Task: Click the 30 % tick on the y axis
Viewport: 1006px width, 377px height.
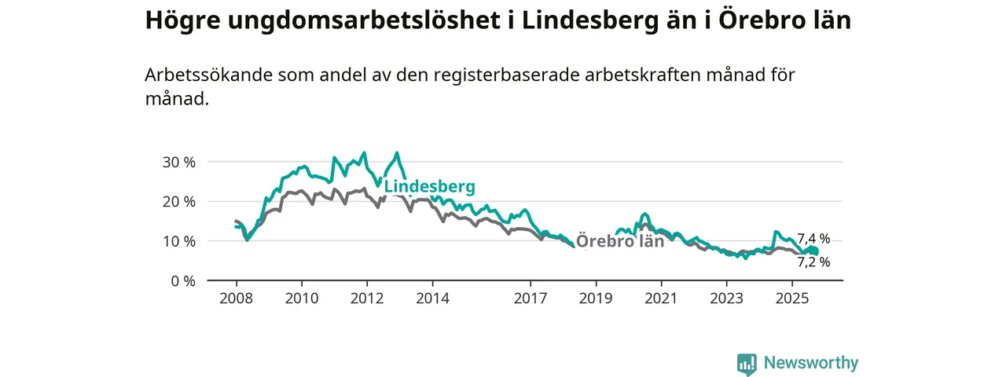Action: coord(178,162)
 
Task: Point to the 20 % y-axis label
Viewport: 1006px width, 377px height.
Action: coord(178,201)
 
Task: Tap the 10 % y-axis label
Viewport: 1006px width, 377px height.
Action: coord(178,241)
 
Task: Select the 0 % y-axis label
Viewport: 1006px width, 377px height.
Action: coord(182,280)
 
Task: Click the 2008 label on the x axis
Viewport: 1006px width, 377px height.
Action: coord(236,298)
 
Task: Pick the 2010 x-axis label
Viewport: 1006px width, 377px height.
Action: coord(301,298)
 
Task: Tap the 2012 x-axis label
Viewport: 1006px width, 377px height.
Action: coord(367,298)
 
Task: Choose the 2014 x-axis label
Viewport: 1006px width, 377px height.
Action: coord(432,298)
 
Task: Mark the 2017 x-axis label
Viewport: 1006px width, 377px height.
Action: coord(531,298)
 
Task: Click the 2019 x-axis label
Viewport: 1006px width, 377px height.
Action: coord(596,298)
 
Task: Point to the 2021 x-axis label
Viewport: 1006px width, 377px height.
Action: coord(661,298)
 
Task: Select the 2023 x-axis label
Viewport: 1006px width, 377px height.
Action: coord(727,298)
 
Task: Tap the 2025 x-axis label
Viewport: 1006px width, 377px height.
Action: coord(792,298)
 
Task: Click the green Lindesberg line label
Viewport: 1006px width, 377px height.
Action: coord(429,187)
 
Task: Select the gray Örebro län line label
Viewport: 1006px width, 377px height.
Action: coord(620,241)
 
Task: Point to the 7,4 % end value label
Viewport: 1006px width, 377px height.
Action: coord(813,239)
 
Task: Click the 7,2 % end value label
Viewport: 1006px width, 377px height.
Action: coord(813,262)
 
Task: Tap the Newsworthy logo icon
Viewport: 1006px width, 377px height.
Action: coord(747,364)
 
